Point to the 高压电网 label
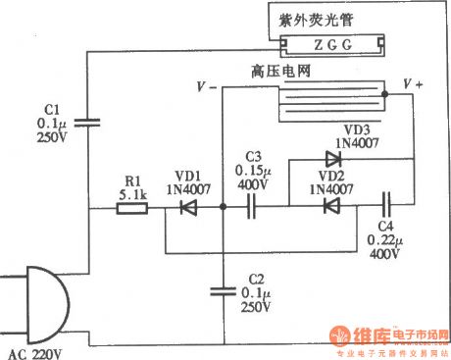(x=280, y=72)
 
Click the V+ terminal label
(x=415, y=86)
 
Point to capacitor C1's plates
(x=89, y=123)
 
